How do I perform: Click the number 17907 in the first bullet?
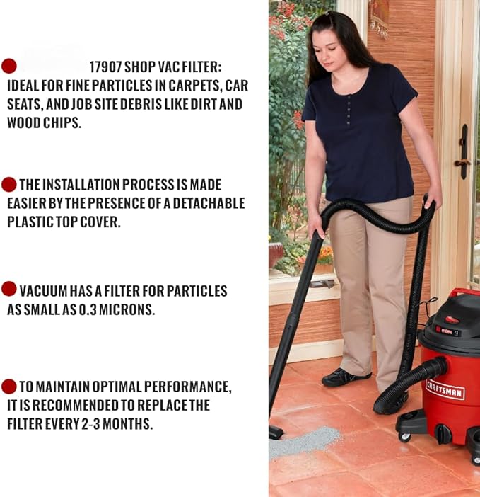(x=105, y=67)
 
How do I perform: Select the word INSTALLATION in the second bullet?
(x=81, y=185)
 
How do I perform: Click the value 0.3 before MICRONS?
(x=88, y=309)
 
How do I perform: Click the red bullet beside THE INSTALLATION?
(x=9, y=185)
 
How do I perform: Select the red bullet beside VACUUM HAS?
(x=9, y=289)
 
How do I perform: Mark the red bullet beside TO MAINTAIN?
(x=9, y=387)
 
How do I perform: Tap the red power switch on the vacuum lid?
(x=453, y=319)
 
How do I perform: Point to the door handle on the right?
(x=464, y=152)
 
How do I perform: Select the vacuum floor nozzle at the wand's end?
(x=275, y=432)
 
